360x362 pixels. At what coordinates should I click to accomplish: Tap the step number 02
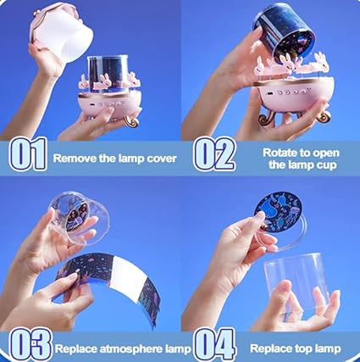click(x=214, y=154)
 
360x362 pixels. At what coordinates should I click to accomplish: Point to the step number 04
click(x=214, y=345)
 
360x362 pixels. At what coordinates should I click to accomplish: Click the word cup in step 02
click(x=309, y=164)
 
